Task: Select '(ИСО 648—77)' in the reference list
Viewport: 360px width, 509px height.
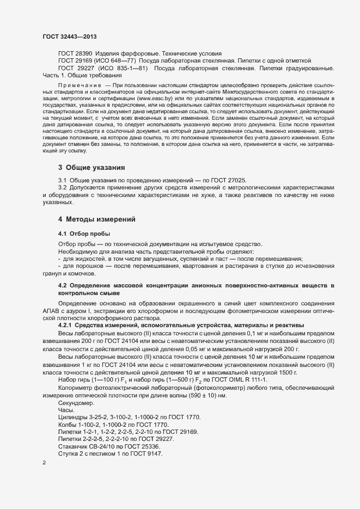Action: pyautogui.click(x=118, y=60)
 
